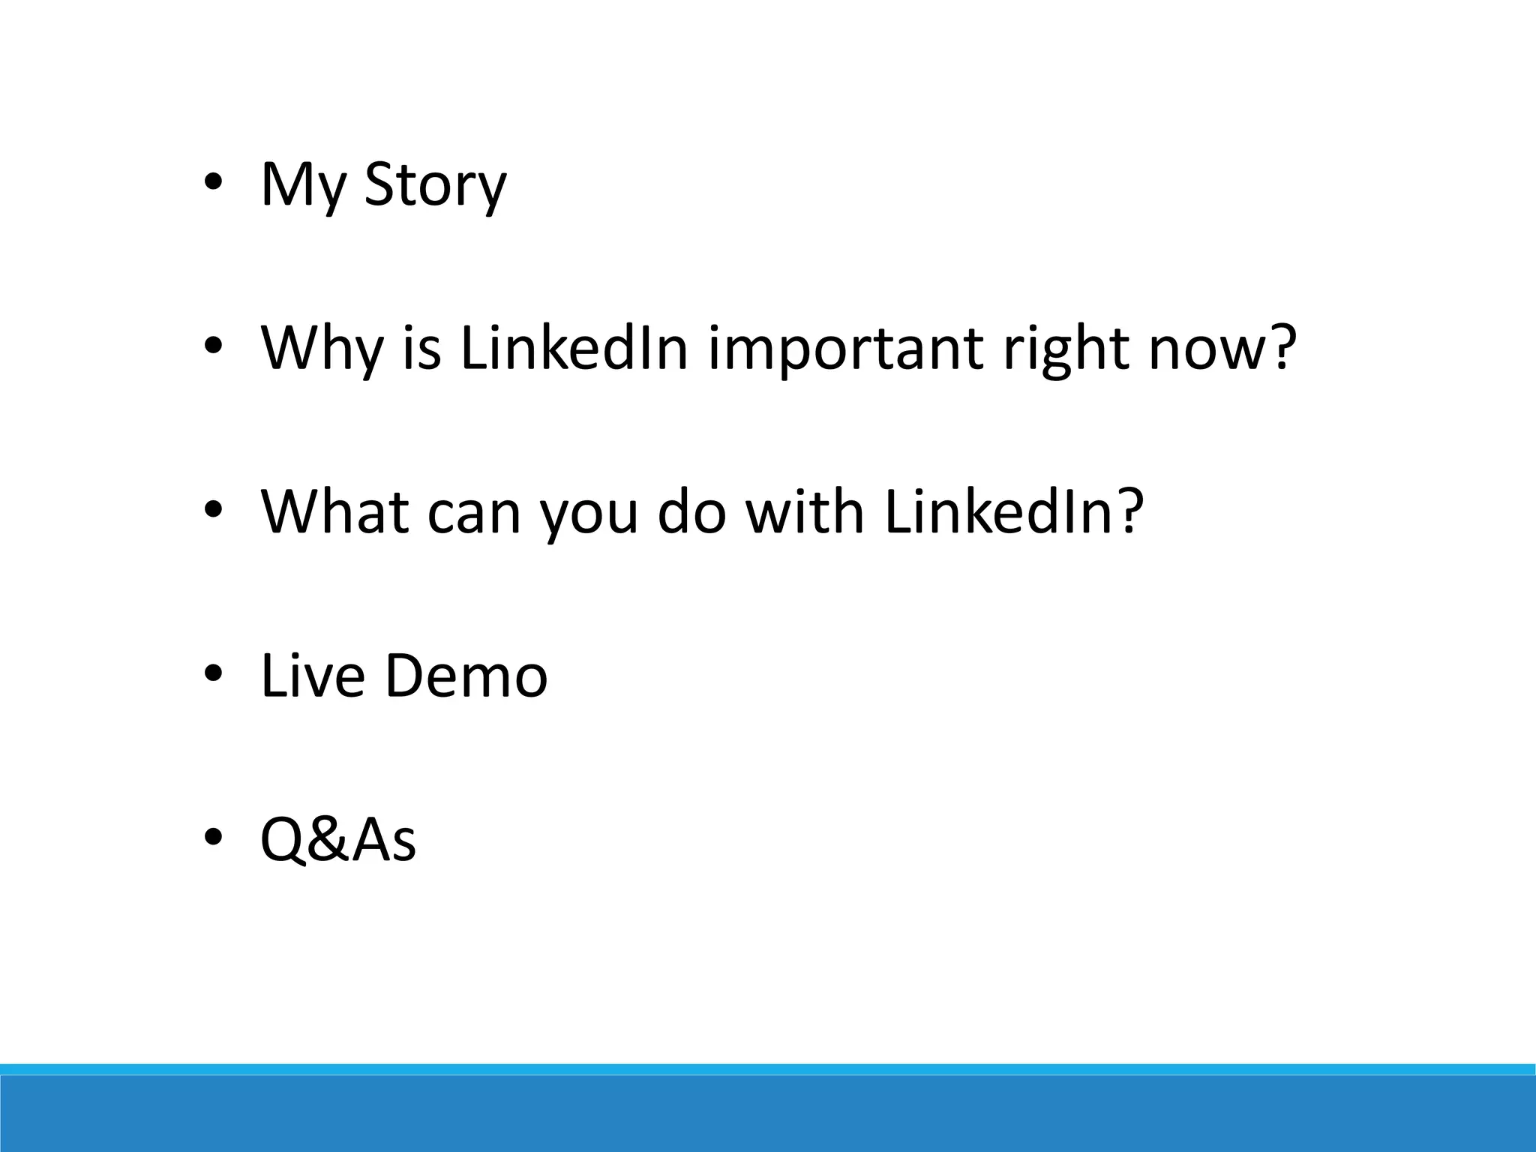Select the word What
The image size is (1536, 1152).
click(x=335, y=511)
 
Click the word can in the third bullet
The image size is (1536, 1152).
click(x=474, y=513)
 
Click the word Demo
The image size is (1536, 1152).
click(x=466, y=675)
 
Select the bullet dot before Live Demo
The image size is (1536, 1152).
click(x=213, y=673)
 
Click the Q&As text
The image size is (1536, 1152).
click(x=337, y=839)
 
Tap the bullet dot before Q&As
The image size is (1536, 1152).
click(x=213, y=836)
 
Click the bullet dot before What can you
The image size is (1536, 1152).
click(x=213, y=510)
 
